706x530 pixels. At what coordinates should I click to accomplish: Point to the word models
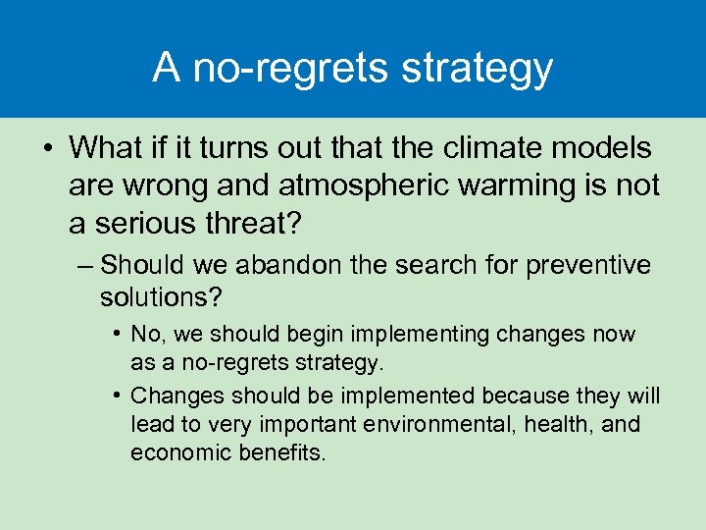pyautogui.click(x=607, y=148)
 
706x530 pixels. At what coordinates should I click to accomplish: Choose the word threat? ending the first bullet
pyautogui.click(x=257, y=223)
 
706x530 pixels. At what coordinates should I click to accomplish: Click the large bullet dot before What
pyautogui.click(x=46, y=149)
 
